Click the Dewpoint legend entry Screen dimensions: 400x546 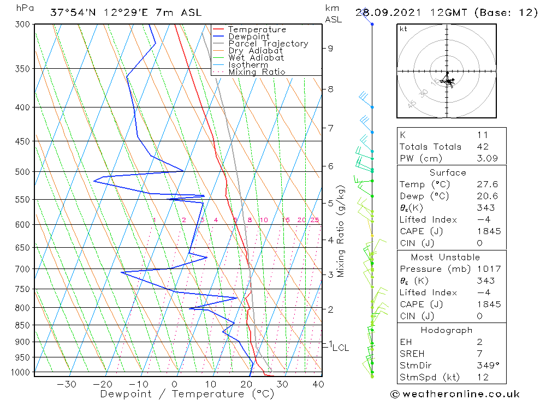[x=248, y=37]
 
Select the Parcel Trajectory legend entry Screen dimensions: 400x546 [x=268, y=44]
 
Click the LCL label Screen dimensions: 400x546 [x=340, y=348]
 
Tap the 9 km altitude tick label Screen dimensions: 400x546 [x=330, y=48]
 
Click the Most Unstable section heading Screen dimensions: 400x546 [x=446, y=257]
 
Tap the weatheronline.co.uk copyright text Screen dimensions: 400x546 [x=455, y=394]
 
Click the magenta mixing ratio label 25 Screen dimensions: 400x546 [x=314, y=220]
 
